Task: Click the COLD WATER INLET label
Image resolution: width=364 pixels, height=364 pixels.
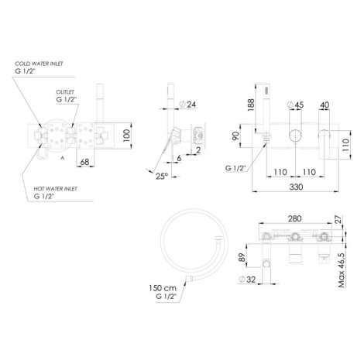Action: [x=39, y=64]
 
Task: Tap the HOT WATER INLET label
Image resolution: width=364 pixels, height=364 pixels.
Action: [x=56, y=189]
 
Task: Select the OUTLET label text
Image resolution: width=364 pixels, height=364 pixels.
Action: [x=65, y=92]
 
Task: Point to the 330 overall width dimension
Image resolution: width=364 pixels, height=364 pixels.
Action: [x=296, y=187]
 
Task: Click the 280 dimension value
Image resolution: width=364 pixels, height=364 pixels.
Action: [x=294, y=218]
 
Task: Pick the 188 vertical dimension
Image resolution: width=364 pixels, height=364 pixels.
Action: [x=251, y=105]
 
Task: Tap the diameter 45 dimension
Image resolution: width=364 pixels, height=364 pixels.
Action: [x=296, y=105]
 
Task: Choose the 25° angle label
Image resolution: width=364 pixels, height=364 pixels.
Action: [x=162, y=176]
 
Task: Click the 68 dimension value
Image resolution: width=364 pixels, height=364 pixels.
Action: [x=84, y=162]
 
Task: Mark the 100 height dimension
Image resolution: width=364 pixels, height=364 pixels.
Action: [x=127, y=135]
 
